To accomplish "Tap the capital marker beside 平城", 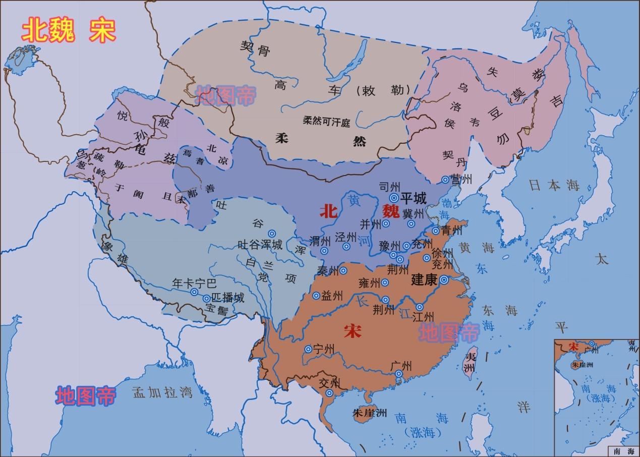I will click(x=393, y=197).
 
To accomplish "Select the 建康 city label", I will click(x=424, y=279).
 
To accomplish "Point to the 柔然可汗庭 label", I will click(x=326, y=122).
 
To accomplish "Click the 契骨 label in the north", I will click(x=255, y=49).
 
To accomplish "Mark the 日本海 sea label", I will click(x=554, y=185).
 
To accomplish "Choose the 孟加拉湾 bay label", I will click(x=162, y=392).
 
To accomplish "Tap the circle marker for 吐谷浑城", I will click(x=272, y=233).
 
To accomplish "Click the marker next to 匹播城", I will click(x=206, y=299).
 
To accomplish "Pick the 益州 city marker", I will click(x=316, y=296).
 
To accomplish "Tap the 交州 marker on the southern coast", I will click(x=329, y=393).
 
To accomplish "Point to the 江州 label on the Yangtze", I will click(x=423, y=317).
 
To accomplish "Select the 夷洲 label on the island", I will click(x=470, y=362).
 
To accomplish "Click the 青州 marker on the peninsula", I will click(x=436, y=231).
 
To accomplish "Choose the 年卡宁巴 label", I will click(x=194, y=283).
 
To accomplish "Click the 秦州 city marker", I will click(x=343, y=271).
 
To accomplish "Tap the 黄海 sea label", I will click(x=476, y=247).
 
